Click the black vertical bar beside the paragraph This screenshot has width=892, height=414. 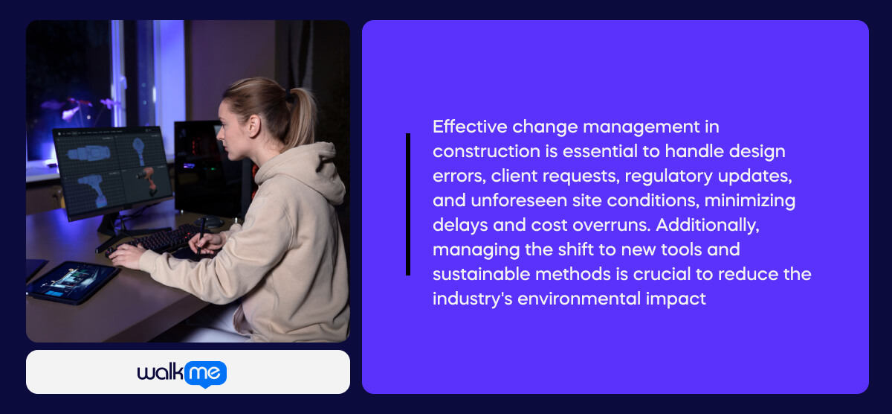[407, 204]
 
